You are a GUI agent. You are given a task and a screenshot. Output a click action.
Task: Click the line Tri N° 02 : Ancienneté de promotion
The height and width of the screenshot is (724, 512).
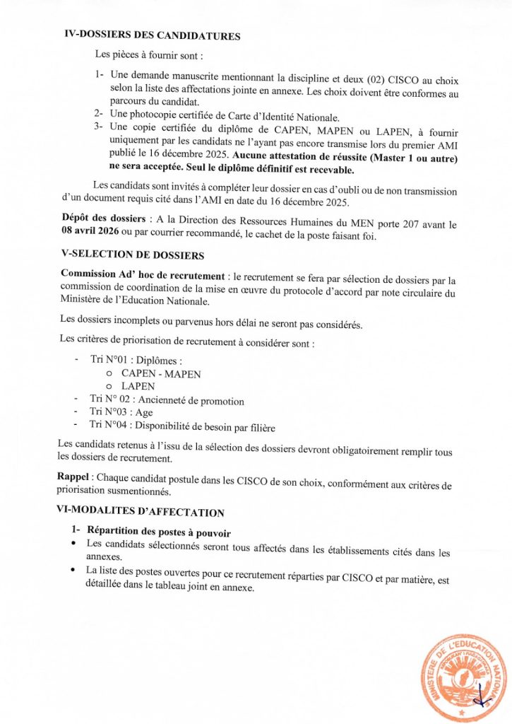[x=167, y=401]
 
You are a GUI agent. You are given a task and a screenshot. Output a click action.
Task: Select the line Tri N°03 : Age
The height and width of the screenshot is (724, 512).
[x=121, y=413]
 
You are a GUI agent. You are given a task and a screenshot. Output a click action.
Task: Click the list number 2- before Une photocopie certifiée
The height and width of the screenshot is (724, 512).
[x=99, y=114]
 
